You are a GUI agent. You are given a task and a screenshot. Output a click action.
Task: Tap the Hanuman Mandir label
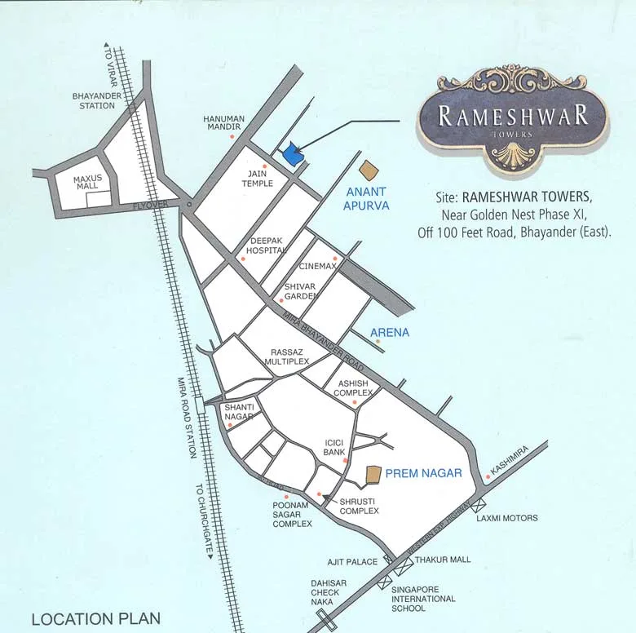[x=223, y=123]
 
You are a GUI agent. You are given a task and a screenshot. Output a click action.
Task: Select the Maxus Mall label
[x=86, y=182]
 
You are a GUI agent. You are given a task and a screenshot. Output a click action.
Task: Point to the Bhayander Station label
[x=95, y=100]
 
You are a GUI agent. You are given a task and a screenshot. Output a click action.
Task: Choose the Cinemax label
[x=317, y=267]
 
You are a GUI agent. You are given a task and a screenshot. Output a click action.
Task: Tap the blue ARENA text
[x=390, y=333]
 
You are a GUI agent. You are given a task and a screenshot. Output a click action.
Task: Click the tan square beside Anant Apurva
[x=370, y=170]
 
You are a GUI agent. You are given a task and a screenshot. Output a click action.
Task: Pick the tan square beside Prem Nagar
[x=373, y=474]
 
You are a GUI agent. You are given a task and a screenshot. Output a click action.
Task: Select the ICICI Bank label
[x=335, y=446]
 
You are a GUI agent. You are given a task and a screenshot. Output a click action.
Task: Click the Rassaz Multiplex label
[x=289, y=356]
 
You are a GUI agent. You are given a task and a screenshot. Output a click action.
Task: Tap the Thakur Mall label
[x=443, y=560]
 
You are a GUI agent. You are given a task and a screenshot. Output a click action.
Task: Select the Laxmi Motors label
[x=507, y=518]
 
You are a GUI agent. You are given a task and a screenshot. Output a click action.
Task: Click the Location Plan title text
[x=95, y=619]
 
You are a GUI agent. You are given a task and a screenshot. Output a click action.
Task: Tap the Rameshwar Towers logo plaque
[x=513, y=122]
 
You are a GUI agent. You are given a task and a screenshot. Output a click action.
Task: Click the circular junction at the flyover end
[x=188, y=204]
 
